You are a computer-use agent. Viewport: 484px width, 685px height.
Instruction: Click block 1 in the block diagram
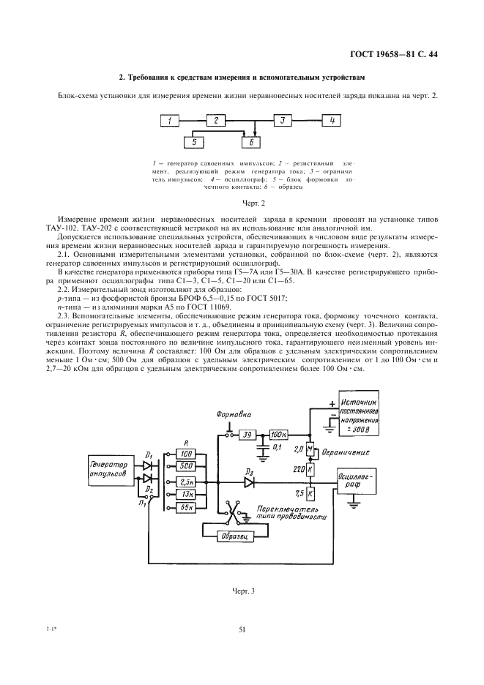point(170,120)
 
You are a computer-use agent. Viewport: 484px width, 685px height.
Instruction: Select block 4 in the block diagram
point(332,120)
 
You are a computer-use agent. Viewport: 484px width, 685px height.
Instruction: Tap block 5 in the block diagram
point(194,142)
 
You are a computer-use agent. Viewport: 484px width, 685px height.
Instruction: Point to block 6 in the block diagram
point(250,142)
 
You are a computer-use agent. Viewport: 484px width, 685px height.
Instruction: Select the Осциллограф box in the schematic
point(357,481)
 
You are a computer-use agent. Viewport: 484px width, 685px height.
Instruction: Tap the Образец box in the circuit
point(235,536)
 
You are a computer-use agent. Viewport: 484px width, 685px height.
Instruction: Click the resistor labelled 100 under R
point(186,454)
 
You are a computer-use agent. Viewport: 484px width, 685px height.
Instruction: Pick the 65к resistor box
point(186,507)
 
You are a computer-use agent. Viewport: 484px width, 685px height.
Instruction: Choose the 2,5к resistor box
point(186,482)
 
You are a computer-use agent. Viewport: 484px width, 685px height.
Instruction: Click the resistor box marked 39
point(247,435)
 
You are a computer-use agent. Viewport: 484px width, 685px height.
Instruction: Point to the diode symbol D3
point(249,482)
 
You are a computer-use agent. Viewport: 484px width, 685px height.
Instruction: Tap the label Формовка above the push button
point(234,414)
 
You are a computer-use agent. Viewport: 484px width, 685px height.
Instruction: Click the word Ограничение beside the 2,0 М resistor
point(346,452)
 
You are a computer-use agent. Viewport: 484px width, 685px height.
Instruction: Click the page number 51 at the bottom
point(242,629)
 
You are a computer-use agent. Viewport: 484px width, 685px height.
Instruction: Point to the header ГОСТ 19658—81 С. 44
point(395,55)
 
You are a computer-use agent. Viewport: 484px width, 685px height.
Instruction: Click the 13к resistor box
point(186,495)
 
